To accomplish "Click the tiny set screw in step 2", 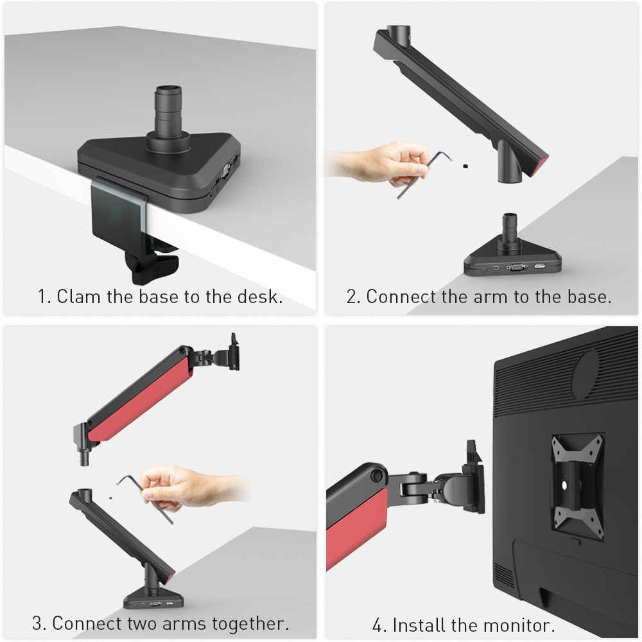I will (464, 166).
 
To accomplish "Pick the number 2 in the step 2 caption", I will (351, 297).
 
